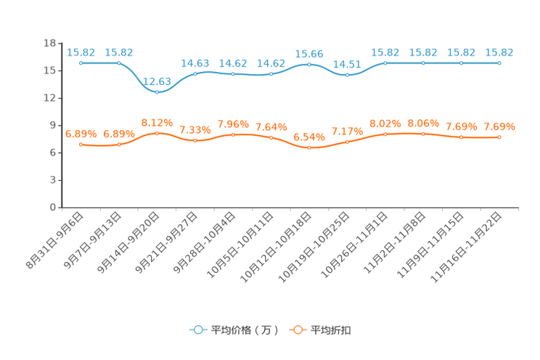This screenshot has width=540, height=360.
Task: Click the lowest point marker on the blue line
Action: [157, 92]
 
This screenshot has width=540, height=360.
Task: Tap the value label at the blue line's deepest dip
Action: [157, 81]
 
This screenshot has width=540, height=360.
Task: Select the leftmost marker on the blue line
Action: [81, 63]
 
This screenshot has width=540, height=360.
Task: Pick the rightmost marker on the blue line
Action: [499, 63]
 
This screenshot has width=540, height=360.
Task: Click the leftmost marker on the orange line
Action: [81, 144]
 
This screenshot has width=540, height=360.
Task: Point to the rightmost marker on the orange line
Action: [499, 136]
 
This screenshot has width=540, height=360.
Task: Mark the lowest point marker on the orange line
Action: [309, 148]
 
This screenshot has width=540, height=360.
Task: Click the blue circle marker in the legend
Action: [197, 330]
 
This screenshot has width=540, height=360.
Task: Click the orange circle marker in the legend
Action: [297, 330]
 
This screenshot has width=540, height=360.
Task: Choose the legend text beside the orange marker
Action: [332, 330]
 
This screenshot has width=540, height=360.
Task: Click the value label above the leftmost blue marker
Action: [81, 52]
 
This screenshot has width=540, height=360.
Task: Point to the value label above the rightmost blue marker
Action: [499, 52]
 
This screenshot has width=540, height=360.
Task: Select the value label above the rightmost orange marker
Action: [499, 126]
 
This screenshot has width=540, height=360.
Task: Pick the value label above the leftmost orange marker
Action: [81, 134]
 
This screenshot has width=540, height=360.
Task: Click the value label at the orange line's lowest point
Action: [309, 137]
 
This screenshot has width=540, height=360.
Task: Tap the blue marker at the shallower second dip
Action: [348, 74]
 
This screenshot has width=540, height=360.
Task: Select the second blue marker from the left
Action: [119, 63]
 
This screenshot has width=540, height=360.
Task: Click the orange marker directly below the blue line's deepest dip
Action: [157, 133]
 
